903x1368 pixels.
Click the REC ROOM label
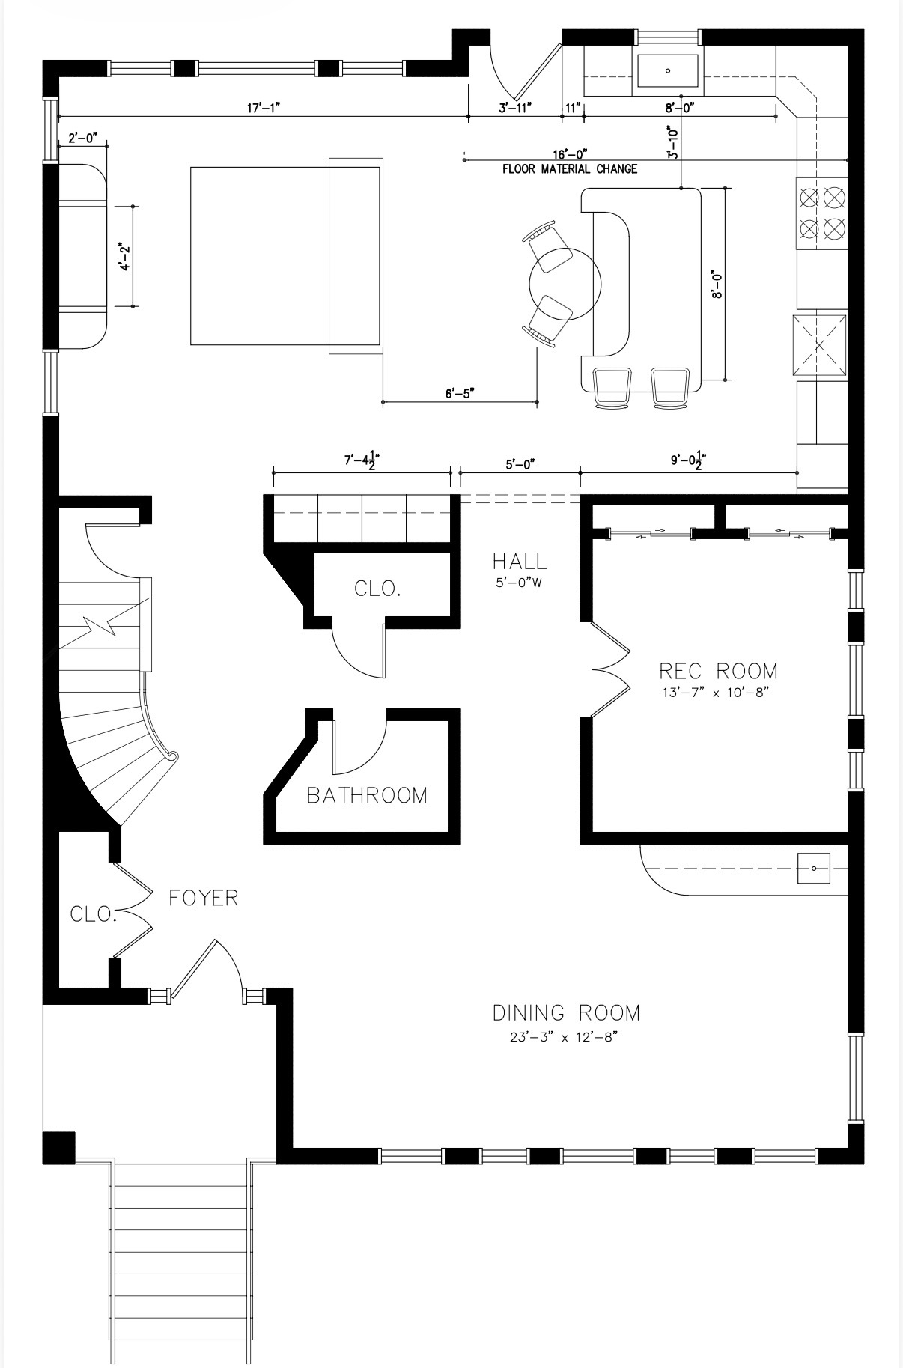coord(718,670)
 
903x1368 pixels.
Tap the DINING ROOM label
coord(566,1013)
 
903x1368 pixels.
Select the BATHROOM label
coord(367,795)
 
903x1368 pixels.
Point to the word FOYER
coord(203,897)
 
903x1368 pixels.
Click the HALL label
coord(520,561)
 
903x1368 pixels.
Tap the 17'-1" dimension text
coord(263,108)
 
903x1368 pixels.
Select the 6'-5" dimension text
coord(460,393)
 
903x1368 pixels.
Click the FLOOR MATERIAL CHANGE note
coord(570,169)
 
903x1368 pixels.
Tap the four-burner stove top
coord(821,213)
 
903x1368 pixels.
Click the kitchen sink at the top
coord(668,71)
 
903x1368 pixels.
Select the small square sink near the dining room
coord(813,869)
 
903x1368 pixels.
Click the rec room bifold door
coord(609,669)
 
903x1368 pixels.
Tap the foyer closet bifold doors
coord(133,910)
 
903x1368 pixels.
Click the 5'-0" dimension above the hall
coord(520,464)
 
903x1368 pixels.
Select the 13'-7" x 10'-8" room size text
coord(716,693)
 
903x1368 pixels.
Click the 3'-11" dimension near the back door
coord(515,108)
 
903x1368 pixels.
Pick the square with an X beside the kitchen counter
coord(820,345)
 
